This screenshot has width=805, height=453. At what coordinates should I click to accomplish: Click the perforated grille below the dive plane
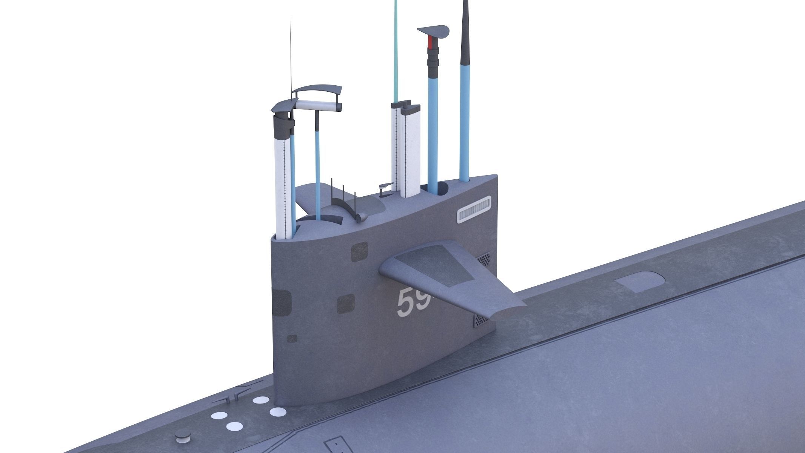(481, 321)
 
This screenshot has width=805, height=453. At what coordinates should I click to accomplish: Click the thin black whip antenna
(291, 57)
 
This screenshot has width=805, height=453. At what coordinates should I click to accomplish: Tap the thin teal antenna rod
(396, 49)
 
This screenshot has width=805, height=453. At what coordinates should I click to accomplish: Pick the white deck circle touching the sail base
(278, 411)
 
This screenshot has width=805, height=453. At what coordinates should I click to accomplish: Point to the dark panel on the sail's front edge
(281, 303)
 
